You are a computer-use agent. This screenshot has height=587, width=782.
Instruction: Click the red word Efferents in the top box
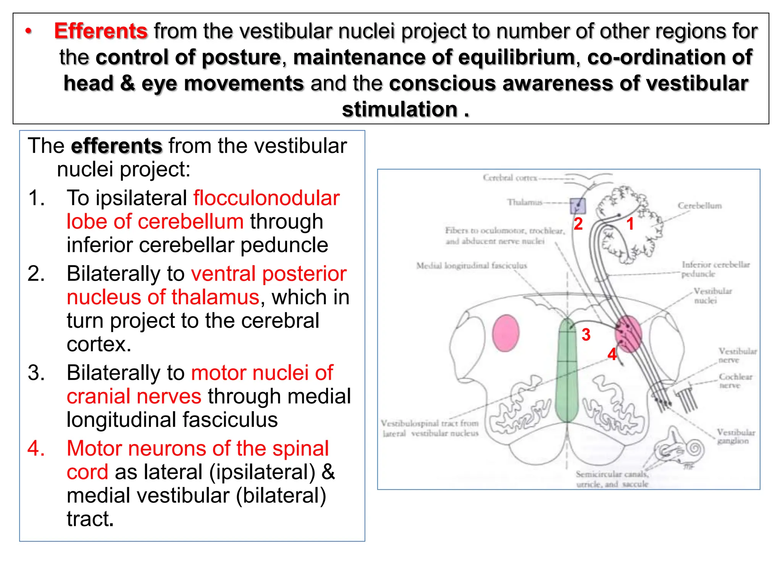[x=100, y=31]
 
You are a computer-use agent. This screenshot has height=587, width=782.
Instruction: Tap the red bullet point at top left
[x=28, y=31]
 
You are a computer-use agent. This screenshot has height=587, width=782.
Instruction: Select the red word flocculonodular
[x=266, y=198]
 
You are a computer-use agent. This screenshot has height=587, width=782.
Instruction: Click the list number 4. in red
[x=36, y=448]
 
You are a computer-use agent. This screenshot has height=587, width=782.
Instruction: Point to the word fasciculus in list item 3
[x=229, y=420]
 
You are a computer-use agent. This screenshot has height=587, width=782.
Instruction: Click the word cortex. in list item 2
[x=99, y=344]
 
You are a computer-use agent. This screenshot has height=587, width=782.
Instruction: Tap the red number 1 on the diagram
[x=630, y=224]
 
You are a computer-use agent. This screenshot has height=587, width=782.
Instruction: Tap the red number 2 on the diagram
[x=578, y=224]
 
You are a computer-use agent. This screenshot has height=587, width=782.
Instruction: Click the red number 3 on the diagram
[x=586, y=335]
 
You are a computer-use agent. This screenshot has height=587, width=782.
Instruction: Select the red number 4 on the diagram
[x=612, y=354]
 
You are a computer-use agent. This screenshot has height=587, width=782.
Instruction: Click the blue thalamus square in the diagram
[x=578, y=206]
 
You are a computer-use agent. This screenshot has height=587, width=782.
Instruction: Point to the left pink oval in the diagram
[x=506, y=333]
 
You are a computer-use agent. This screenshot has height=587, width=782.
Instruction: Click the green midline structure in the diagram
[x=567, y=371]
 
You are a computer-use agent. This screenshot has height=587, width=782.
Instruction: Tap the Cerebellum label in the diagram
[x=700, y=206]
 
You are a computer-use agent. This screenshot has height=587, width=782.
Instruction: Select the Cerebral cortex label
[x=510, y=178]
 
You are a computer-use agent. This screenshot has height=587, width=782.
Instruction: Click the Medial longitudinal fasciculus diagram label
[x=471, y=266]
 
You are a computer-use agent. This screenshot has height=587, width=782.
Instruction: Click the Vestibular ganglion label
[x=735, y=436]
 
